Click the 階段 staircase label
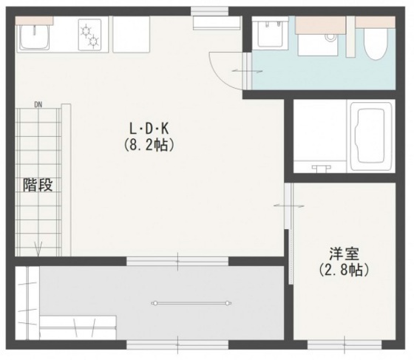[x=37, y=185]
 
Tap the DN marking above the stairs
[x=38, y=104]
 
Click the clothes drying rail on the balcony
[x=189, y=302]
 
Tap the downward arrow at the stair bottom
[x=38, y=249]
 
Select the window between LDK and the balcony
[x=177, y=259]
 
